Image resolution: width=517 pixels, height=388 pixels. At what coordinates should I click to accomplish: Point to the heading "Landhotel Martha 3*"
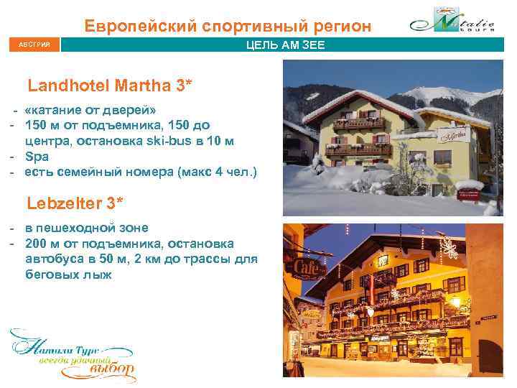109,86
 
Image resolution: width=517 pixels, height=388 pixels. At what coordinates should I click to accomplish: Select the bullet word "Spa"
35,156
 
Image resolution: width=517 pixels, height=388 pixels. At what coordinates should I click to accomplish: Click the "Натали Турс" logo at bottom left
72,356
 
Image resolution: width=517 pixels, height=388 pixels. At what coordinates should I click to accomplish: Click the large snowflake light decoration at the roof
450,248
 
